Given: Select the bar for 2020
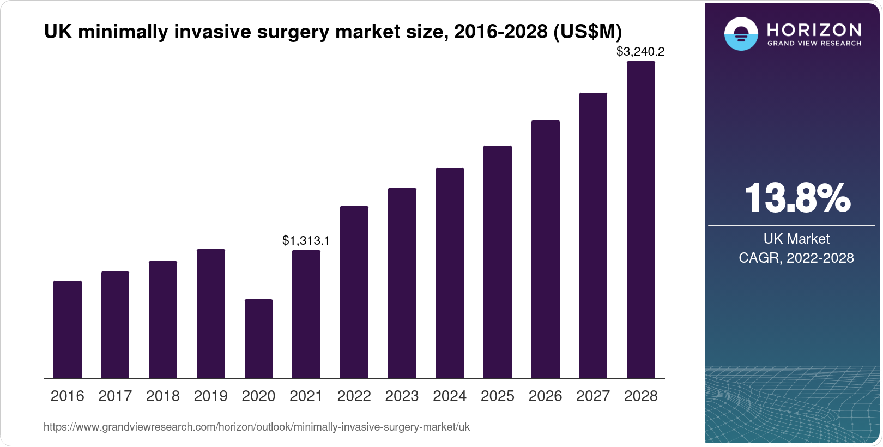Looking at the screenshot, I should click(258, 339).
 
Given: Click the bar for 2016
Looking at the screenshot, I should click(68, 329).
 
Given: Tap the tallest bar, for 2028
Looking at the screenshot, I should click(640, 220).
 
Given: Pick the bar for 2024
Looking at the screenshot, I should click(450, 273).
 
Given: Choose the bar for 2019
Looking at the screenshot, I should click(211, 313).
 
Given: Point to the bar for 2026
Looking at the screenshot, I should click(545, 249).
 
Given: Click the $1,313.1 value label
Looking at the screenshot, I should click(306, 240).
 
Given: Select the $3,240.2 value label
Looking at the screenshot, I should click(640, 52).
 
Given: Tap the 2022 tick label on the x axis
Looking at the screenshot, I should click(354, 396).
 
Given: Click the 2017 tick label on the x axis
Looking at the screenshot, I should click(115, 396).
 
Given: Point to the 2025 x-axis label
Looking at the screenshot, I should click(497, 396).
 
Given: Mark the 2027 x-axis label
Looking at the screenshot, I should click(593, 396).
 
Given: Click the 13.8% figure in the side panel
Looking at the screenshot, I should click(797, 198).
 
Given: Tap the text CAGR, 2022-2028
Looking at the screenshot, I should click(796, 258).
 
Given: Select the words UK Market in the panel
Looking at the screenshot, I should click(796, 239).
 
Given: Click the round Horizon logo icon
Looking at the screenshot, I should click(741, 34).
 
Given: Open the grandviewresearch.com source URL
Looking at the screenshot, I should click(256, 427).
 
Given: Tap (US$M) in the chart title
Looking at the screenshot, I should click(588, 32).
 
